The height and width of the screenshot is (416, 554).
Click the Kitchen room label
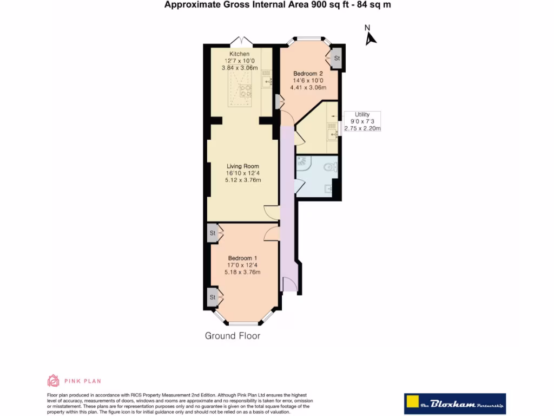point(239,55)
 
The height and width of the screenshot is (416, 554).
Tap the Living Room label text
point(242,166)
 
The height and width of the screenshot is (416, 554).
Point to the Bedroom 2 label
point(308,74)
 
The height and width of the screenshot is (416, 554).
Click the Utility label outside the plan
point(362,114)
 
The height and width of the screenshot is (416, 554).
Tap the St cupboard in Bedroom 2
point(336,58)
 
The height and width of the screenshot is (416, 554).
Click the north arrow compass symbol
point(370,36)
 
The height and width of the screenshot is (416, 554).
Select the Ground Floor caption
point(232,336)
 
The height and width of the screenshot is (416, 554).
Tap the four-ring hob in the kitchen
point(246,92)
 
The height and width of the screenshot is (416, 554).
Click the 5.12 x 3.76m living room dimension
point(242,180)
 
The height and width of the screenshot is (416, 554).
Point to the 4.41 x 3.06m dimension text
point(308,87)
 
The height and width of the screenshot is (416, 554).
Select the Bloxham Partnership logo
point(454,404)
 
